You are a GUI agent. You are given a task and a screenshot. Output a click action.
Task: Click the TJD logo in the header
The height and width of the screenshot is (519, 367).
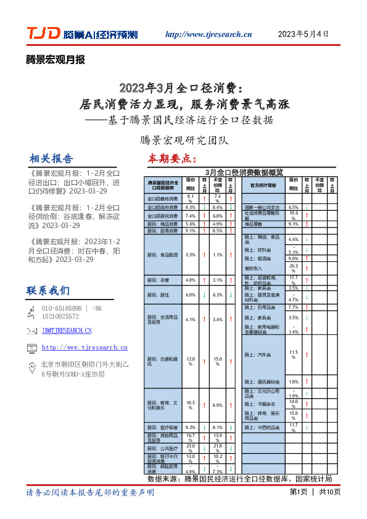(x=43, y=34)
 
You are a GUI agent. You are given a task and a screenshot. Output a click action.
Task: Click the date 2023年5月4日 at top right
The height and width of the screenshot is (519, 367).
(x=303, y=34)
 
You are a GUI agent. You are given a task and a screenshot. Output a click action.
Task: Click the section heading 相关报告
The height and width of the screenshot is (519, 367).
(x=51, y=158)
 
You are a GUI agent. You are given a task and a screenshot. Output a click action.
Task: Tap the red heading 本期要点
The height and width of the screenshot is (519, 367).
(x=171, y=158)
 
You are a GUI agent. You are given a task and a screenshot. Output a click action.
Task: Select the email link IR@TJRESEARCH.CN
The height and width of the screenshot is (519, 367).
(x=67, y=331)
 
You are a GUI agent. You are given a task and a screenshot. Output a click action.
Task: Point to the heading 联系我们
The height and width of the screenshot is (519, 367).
(x=48, y=290)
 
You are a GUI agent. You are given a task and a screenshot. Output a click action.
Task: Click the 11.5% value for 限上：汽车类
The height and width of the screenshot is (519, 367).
(x=294, y=354)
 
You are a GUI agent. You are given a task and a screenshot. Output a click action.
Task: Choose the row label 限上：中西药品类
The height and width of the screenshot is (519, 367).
(x=262, y=427)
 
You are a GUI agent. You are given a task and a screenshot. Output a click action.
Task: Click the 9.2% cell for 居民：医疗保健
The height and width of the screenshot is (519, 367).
(x=191, y=427)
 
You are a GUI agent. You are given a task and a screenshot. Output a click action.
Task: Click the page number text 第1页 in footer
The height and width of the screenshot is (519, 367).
(x=298, y=492)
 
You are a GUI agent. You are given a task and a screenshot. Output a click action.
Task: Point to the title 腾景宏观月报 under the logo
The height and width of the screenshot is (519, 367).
(x=56, y=60)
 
